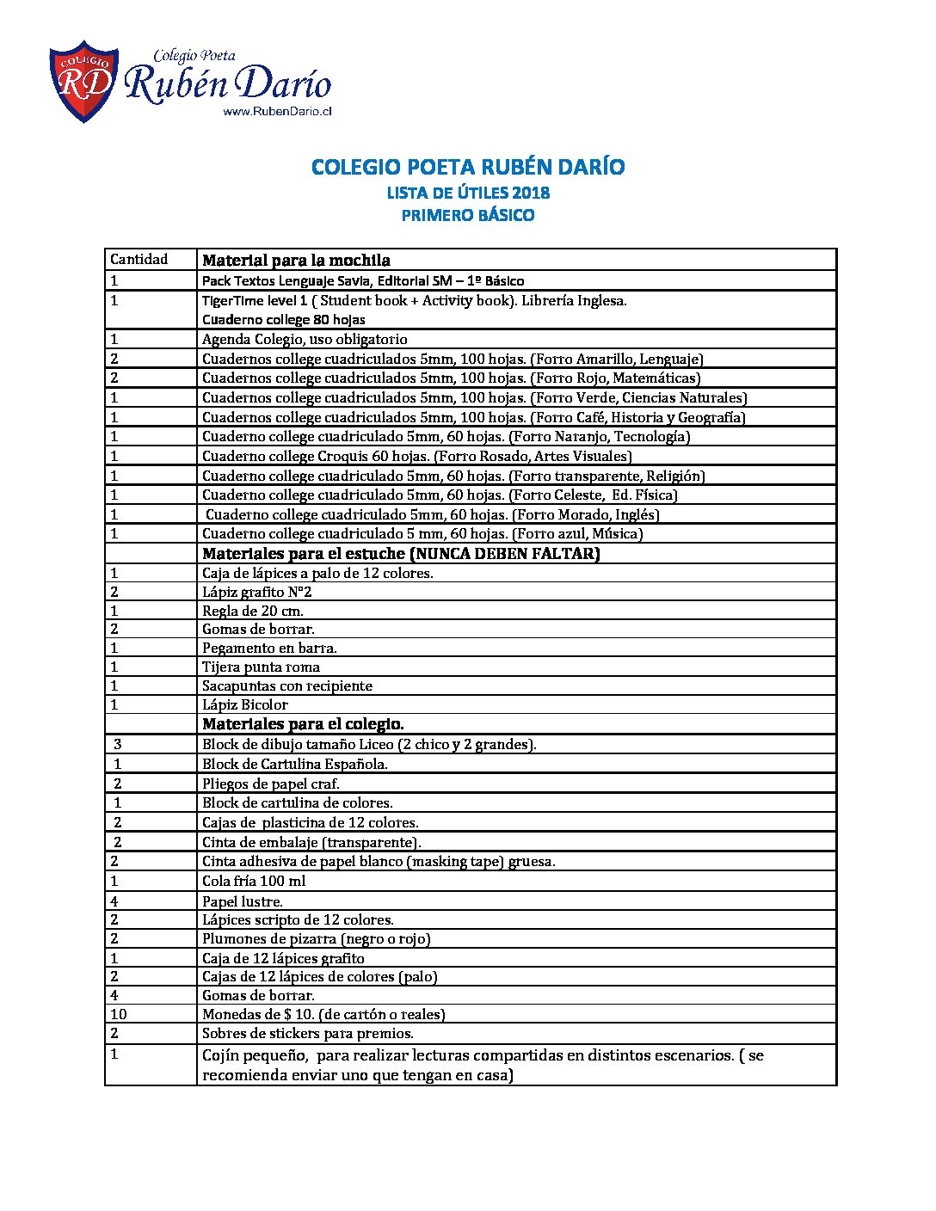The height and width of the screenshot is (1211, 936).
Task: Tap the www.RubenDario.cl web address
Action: pyautogui.click(x=277, y=111)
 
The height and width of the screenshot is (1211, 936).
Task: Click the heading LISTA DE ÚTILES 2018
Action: pyautogui.click(x=468, y=193)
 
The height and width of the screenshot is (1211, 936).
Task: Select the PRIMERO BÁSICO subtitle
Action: pyautogui.click(x=468, y=215)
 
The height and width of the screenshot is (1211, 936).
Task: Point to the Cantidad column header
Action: pyautogui.click(x=139, y=259)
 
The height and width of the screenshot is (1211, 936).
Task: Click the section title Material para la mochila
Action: pyautogui.click(x=296, y=260)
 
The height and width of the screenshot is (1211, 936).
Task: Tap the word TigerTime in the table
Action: pyautogui.click(x=230, y=300)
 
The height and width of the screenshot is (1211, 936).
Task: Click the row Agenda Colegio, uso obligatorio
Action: pyautogui.click(x=305, y=339)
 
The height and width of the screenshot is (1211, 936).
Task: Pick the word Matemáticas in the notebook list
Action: pyautogui.click(x=656, y=378)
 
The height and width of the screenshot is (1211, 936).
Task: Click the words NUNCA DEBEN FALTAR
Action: pyautogui.click(x=504, y=553)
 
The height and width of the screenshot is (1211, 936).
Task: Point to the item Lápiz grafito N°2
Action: pyautogui.click(x=250, y=592)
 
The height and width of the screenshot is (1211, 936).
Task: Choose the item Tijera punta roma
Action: pyautogui.click(x=261, y=667)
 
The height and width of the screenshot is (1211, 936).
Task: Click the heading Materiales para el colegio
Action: pyautogui.click(x=303, y=724)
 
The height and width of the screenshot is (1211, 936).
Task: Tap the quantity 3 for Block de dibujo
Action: pyautogui.click(x=118, y=744)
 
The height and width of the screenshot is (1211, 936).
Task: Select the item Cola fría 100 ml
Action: pyautogui.click(x=254, y=881)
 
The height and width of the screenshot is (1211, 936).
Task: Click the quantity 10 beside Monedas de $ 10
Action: pyautogui.click(x=119, y=1014)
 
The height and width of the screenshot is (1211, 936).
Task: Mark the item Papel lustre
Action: pyautogui.click(x=242, y=901)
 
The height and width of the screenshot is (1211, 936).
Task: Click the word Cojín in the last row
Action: pyautogui.click(x=219, y=1055)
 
